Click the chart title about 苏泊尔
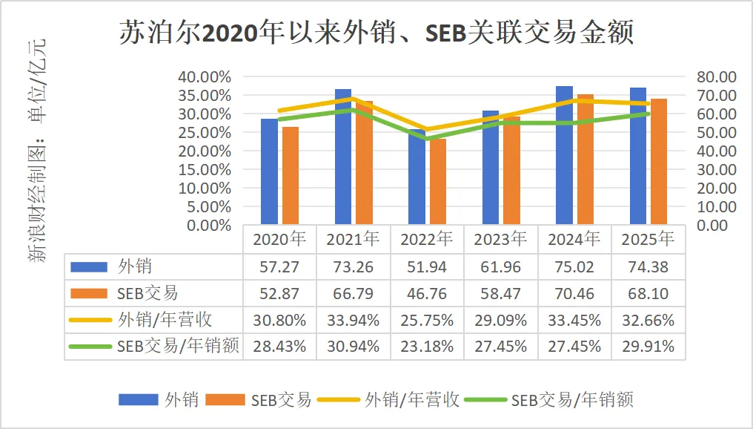click(x=376, y=33)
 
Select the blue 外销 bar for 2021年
click(x=343, y=157)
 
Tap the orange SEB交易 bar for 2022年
click(x=438, y=182)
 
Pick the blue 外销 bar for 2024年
click(x=564, y=155)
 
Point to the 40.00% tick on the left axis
click(x=205, y=77)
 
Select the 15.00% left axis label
click(x=205, y=169)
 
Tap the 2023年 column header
click(x=500, y=240)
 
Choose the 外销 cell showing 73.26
click(x=354, y=267)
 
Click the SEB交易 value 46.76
click(x=427, y=294)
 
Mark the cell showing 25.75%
click(x=427, y=321)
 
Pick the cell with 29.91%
click(x=648, y=347)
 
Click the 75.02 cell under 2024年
click(x=574, y=267)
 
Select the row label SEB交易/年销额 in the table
click(x=178, y=347)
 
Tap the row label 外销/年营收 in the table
click(x=165, y=321)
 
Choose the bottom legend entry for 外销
click(x=181, y=400)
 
